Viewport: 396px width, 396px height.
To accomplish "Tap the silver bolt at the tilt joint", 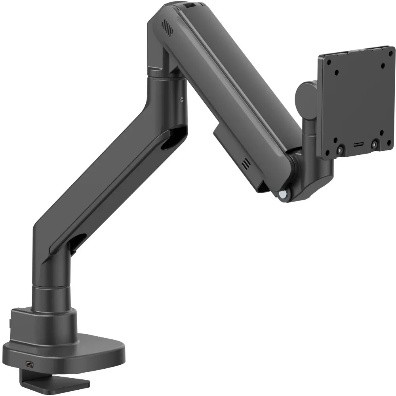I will (283, 194).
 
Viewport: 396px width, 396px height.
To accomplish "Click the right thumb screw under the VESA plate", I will (374, 145).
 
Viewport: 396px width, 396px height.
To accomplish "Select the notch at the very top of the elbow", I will (190, 5).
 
